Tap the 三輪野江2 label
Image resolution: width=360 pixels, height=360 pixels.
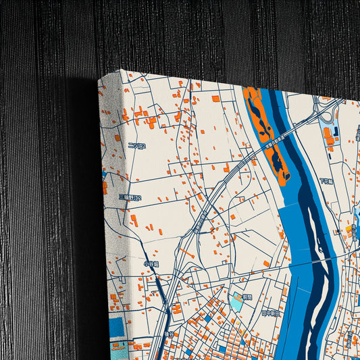[130, 198]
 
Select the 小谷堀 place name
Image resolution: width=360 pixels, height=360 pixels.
[151, 263]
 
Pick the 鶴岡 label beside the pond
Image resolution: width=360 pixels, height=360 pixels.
[247, 297]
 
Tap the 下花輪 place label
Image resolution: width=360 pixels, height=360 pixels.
[327, 181]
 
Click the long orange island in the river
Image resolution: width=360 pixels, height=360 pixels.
[267, 135]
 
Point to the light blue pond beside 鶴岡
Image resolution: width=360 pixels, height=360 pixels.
[238, 301]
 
